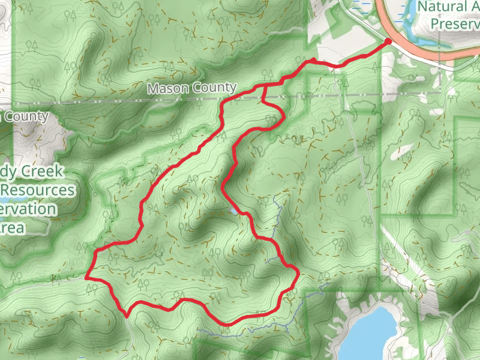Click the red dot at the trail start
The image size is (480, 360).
[x=388, y=41]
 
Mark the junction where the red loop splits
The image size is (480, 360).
[x=265, y=86]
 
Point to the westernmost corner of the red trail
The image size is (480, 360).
[x=87, y=278]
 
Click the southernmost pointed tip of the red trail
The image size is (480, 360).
[x=127, y=313]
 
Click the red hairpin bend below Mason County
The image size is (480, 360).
[x=281, y=118]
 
